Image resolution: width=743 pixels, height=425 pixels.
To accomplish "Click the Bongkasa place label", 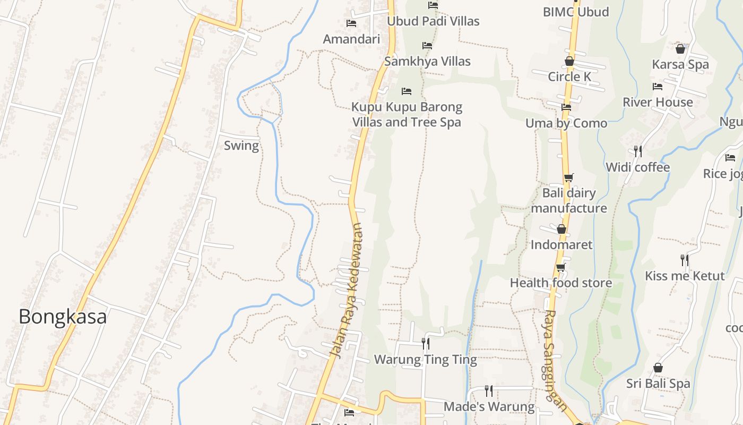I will [63, 317].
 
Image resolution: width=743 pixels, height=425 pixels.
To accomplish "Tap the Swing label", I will [241, 146].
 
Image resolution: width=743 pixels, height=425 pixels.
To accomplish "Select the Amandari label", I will [351, 39].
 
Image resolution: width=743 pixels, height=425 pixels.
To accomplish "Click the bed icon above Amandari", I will [351, 23].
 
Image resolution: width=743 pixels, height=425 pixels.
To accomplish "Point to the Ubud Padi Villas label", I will [433, 21].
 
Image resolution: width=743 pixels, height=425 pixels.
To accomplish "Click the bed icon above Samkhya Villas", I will [427, 46].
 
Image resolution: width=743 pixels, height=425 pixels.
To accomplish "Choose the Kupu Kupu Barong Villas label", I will [407, 114].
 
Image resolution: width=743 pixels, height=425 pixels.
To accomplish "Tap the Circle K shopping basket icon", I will [569, 61].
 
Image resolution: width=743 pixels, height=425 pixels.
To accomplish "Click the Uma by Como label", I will [566, 123].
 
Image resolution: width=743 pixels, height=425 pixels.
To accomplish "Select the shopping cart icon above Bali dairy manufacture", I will [568, 177].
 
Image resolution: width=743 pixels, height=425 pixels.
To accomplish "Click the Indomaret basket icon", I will [561, 229].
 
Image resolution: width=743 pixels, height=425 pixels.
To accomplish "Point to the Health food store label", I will [561, 283].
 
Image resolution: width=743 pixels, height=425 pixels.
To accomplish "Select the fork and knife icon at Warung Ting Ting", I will [426, 344].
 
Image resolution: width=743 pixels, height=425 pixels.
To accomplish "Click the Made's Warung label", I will [489, 406].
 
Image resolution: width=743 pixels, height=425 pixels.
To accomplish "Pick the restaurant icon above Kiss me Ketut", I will [685, 260].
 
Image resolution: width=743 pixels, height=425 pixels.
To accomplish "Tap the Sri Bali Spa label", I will [658, 384].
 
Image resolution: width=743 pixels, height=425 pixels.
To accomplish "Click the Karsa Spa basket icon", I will [680, 49].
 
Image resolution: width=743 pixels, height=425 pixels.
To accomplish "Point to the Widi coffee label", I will [638, 167].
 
